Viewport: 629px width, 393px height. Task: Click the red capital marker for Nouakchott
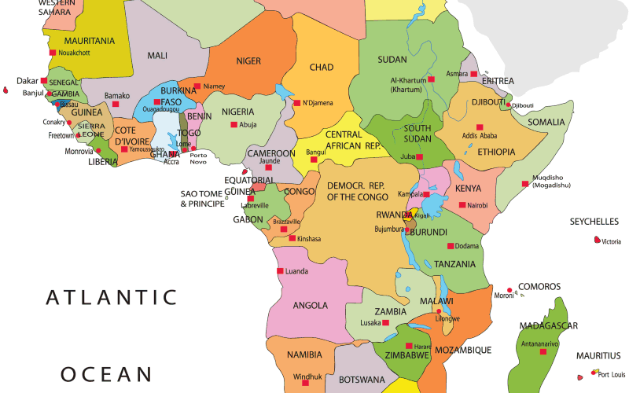click(53, 53)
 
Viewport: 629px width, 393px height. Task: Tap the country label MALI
click(157, 55)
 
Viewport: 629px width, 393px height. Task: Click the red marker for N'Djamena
click(296, 102)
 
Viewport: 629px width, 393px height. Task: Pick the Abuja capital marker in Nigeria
click(234, 124)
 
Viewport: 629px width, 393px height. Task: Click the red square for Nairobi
click(462, 205)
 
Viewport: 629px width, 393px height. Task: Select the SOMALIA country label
click(546, 122)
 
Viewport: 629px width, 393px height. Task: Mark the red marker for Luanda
click(280, 271)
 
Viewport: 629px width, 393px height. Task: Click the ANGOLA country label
click(310, 305)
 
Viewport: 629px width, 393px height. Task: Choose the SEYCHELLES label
click(594, 222)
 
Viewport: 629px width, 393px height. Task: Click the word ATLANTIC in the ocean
click(111, 297)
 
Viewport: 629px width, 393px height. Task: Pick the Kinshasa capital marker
click(293, 238)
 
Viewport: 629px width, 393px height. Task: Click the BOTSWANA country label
click(362, 380)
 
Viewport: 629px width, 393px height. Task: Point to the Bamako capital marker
click(115, 103)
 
